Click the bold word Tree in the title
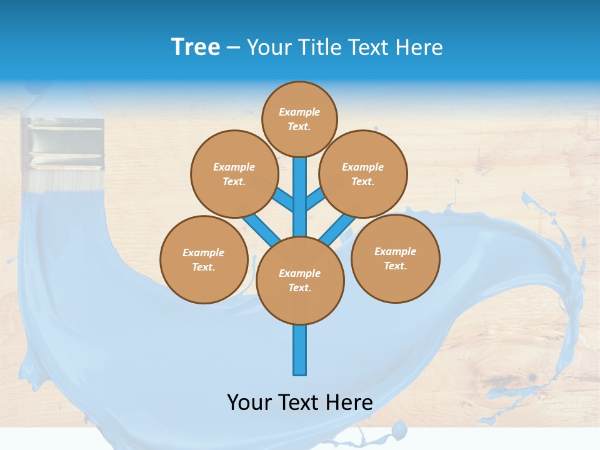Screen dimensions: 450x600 coord(196,47)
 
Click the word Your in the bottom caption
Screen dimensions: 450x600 coord(249,402)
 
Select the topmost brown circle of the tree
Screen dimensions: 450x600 coord(299,119)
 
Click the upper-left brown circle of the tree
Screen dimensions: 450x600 coord(234,174)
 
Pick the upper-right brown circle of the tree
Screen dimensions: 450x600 coord(362,174)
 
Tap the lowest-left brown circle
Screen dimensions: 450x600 coord(204,259)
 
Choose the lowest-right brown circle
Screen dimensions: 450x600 coord(395,258)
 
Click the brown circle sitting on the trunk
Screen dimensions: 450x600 coord(300,281)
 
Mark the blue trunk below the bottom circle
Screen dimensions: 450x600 coord(300,350)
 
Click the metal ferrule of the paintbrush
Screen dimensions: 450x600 coord(62,144)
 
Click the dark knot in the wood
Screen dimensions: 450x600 coord(532,377)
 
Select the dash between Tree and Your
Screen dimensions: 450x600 coord(233,47)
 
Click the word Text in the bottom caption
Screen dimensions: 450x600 coord(299,402)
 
